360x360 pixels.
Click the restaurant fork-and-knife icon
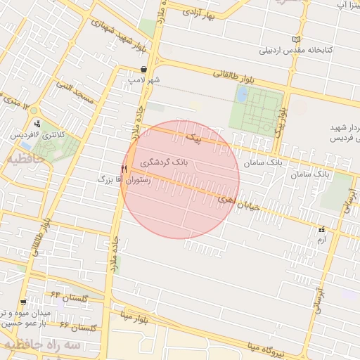[124, 169]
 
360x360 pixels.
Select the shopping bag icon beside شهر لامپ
[144, 70]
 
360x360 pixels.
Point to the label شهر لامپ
[143, 80]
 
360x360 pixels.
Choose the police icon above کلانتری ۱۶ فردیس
[37, 124]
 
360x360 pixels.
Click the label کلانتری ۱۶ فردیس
[32, 134]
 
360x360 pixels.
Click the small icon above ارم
[322, 230]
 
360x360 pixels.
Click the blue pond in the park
[242, 94]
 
